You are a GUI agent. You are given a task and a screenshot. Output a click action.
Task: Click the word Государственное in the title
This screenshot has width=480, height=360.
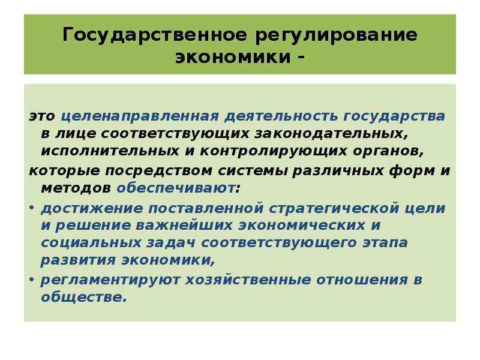pos(154,35)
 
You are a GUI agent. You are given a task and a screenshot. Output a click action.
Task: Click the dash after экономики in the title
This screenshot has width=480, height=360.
pos(301,56)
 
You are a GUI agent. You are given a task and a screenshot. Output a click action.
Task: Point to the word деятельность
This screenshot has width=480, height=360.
pos(281,116)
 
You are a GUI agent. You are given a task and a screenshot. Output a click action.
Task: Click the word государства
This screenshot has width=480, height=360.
pos(394,116)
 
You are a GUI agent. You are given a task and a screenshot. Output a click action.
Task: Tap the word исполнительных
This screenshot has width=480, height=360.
pos(110,151)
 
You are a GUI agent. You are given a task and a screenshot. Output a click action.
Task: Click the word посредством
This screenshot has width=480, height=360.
pos(159,171)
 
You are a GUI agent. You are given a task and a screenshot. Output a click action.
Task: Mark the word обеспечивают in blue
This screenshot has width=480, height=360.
pos(176,188)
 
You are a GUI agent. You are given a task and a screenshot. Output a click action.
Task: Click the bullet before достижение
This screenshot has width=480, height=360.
pos(31,208)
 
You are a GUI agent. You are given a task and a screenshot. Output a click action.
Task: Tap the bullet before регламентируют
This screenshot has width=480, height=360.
pos(31,280)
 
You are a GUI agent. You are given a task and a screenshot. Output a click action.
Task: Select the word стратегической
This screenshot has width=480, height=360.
pos(334,209)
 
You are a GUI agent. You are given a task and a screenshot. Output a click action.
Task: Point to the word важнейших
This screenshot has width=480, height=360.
pos(184,226)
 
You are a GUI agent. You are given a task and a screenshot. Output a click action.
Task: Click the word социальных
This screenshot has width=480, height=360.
pos(91,243)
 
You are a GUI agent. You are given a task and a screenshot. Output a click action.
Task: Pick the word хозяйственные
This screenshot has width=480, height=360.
pos(248,280)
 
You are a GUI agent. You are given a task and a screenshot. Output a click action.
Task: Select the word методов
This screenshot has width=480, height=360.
pos(76,188)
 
